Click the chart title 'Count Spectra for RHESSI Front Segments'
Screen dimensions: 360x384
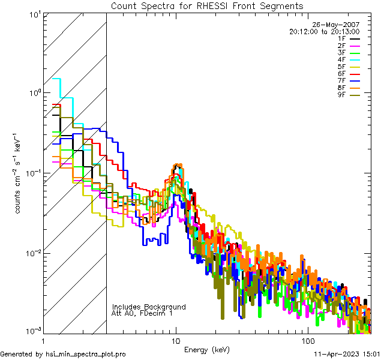pyautogui.click(x=207, y=5)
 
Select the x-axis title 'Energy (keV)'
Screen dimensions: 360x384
pyautogui.click(x=206, y=349)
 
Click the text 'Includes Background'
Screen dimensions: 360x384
pyautogui.click(x=149, y=307)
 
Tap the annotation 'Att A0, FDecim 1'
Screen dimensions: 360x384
pyautogui.click(x=142, y=313)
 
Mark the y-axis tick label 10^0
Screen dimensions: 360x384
pyautogui.click(x=32, y=93)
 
